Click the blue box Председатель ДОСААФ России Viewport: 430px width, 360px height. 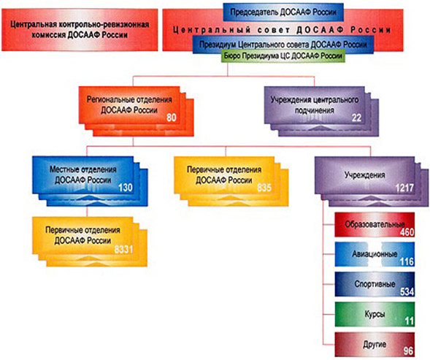point(283,12)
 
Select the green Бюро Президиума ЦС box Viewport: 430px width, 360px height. point(283,56)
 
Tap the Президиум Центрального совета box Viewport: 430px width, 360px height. point(283,44)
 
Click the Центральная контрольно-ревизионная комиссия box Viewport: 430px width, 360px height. point(80,30)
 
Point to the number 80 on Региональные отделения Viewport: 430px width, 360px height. point(172,118)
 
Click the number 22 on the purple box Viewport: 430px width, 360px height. point(356,118)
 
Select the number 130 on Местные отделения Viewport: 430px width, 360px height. point(126,188)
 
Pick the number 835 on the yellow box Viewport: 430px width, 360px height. point(264,188)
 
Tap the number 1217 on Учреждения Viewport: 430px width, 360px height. point(404,188)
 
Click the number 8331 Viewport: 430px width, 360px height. point(123,250)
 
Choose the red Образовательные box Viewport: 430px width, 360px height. point(375,225)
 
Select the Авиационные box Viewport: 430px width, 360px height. point(375,254)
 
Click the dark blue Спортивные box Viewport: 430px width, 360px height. point(375,284)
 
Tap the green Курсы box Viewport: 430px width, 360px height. point(375,315)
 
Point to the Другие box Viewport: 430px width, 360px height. point(375,345)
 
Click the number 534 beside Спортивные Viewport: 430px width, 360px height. point(407,291)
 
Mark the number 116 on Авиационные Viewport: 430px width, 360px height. point(407,261)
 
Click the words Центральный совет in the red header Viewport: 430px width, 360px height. point(231,30)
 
